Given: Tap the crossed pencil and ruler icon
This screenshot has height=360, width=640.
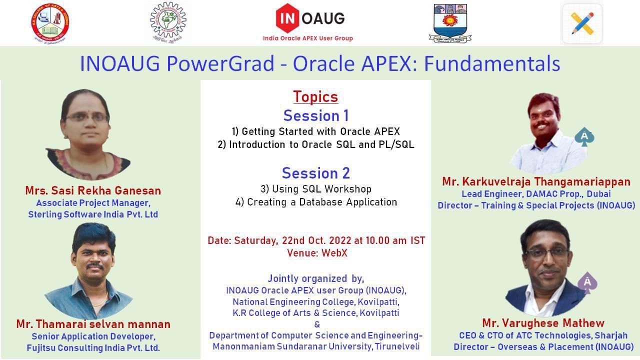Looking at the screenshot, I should [582, 23].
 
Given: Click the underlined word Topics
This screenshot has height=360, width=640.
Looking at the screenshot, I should [315, 96].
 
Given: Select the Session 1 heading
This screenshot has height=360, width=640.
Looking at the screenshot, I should [315, 116].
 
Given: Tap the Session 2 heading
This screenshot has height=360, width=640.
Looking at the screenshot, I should [315, 173].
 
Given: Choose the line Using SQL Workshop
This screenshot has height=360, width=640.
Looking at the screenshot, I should [315, 189].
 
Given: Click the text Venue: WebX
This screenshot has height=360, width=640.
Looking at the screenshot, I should [317, 253].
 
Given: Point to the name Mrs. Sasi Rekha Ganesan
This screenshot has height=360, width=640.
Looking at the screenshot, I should [93, 190].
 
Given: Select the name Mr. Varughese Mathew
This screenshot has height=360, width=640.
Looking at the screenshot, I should [543, 323].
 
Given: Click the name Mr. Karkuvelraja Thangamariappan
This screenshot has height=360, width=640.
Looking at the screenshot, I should [536, 181].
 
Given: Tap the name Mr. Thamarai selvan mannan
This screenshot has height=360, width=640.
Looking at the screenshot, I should [93, 324].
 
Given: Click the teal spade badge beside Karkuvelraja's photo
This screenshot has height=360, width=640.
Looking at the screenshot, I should [584, 137].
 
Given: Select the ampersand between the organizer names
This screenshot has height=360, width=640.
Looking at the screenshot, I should [316, 324].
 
